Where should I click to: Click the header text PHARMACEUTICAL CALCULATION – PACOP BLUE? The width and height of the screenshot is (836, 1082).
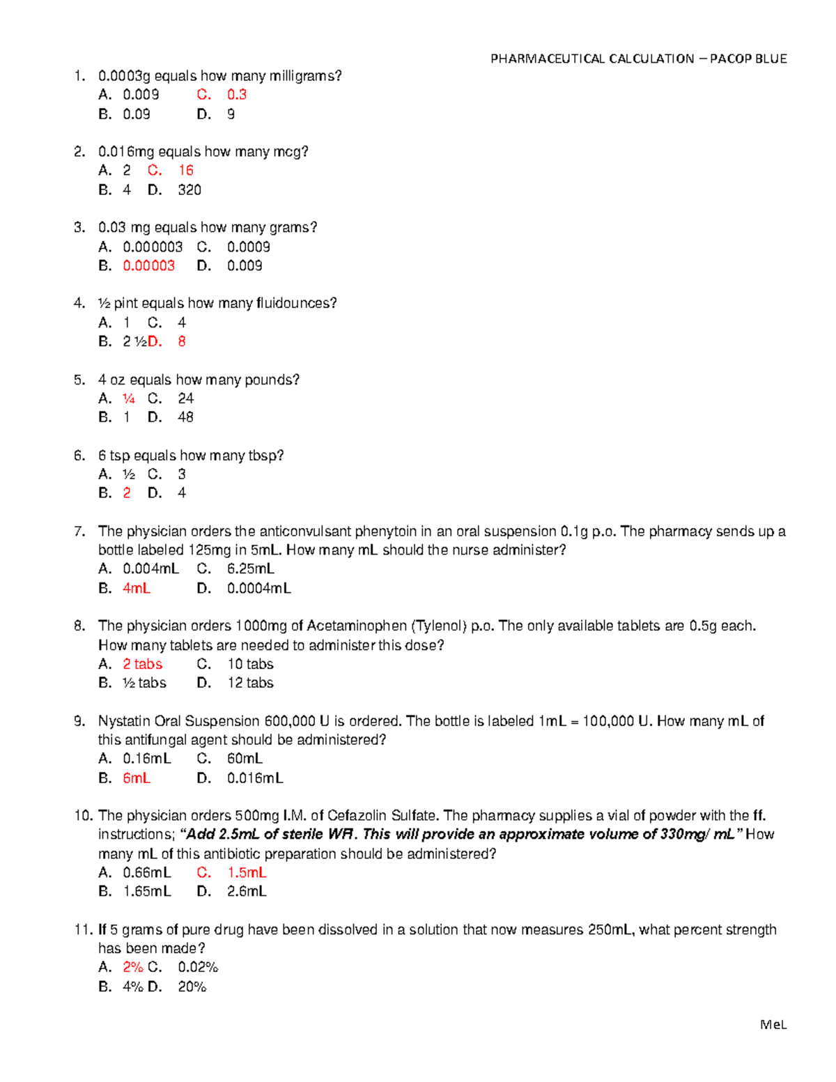coord(638,59)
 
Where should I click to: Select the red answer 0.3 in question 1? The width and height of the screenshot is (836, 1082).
coord(237,95)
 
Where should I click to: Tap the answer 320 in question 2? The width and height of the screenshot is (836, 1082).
coord(189,190)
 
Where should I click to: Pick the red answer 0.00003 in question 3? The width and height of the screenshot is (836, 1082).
coord(148,265)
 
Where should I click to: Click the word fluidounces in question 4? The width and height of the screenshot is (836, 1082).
coord(296,303)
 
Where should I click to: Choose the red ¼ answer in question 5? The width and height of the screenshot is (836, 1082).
coord(129,399)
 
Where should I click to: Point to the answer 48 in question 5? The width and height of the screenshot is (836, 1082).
coord(185,417)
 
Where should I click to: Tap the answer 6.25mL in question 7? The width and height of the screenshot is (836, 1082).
coord(250,569)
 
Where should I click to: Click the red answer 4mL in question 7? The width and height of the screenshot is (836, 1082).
coord(137,589)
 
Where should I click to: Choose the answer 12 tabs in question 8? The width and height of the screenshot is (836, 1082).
coord(250,683)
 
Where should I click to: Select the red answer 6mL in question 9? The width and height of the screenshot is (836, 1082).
coord(137,778)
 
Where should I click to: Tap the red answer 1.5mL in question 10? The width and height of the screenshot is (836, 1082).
coord(247,872)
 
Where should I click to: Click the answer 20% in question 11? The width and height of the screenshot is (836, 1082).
coord(192,987)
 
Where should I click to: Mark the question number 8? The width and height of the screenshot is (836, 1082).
coord(79,626)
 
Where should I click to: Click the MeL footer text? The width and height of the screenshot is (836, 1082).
coord(773,1024)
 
